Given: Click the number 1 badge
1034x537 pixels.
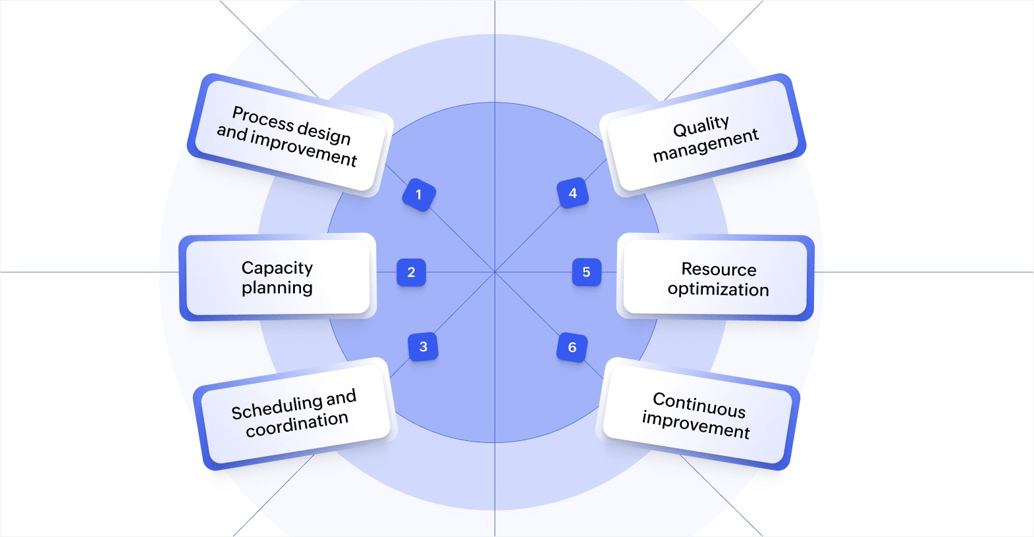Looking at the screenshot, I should click(418, 195).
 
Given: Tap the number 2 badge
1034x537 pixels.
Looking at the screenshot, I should click(411, 272).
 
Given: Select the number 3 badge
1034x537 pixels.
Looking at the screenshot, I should click(423, 347).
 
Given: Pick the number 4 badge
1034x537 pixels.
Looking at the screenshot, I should click(572, 193).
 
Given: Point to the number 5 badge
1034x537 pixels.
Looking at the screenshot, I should click(586, 272).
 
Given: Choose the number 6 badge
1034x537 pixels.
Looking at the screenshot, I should click(572, 347).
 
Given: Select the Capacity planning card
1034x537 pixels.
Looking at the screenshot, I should click(277, 277).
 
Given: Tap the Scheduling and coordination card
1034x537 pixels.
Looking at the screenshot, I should click(294, 413).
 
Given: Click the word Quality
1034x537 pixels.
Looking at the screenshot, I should click(701, 126).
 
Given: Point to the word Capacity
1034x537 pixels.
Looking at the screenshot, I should click(277, 268).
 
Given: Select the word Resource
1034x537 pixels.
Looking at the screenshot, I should click(719, 269).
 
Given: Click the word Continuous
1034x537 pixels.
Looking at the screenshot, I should click(699, 405).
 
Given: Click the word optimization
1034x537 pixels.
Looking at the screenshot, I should click(718, 290).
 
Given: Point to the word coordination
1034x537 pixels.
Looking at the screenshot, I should click(297, 424).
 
